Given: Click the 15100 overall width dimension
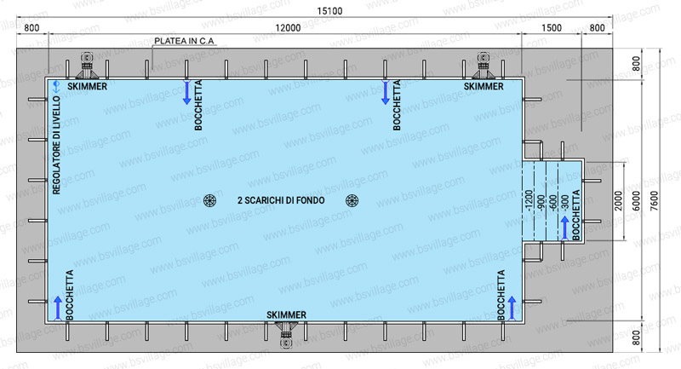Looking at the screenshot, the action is pos(329,11).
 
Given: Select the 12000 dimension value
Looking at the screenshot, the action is pos(288,28).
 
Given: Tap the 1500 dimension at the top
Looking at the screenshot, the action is pos(552,28).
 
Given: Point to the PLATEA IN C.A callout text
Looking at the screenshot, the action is pos(184,41).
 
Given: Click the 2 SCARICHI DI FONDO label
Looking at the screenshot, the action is pos(281,200).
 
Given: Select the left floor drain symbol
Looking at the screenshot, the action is pos(209,200).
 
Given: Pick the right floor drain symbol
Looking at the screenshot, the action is pos(352,200).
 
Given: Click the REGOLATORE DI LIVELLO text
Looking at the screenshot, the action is pos(56,145).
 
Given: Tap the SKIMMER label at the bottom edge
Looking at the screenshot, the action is pos(286,314).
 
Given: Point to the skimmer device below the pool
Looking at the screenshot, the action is pos(286,336).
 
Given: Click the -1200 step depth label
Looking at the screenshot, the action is pos(529,200).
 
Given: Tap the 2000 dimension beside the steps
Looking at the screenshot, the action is pos(619,201).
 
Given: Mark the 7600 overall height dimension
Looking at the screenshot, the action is pos(655,201).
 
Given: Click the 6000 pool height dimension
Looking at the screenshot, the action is pos(636,201).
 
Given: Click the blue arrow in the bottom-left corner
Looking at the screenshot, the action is pos(58,308).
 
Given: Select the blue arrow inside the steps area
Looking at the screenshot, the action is pos(564,228).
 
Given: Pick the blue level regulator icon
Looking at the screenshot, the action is pos(56,86).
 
